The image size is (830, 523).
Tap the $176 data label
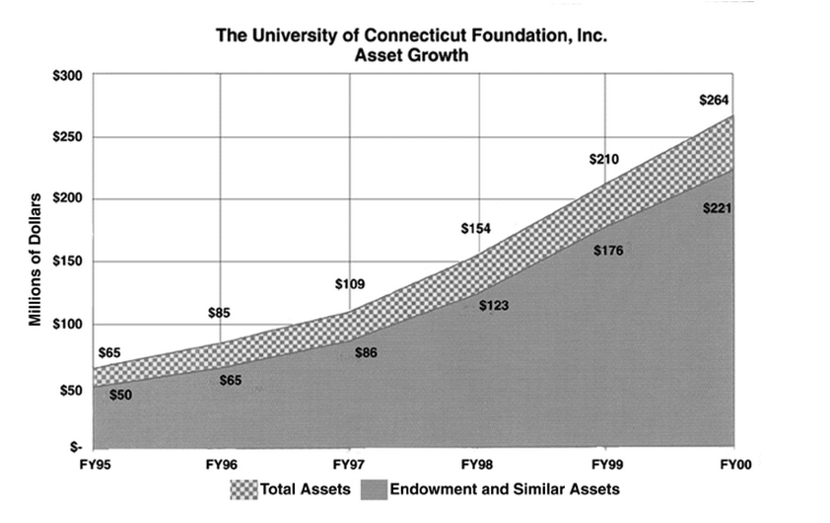[x=608, y=251]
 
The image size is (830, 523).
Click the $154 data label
[x=475, y=229]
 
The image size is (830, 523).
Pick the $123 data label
[x=493, y=306]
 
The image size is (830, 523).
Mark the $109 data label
[x=349, y=284]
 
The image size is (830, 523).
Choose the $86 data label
[x=365, y=352]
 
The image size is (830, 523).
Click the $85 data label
[x=220, y=314]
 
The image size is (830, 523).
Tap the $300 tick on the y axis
[x=68, y=74]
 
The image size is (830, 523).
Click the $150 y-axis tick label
[x=68, y=261]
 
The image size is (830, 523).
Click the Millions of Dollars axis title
[x=33, y=261]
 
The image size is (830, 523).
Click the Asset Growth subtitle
[x=412, y=56]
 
